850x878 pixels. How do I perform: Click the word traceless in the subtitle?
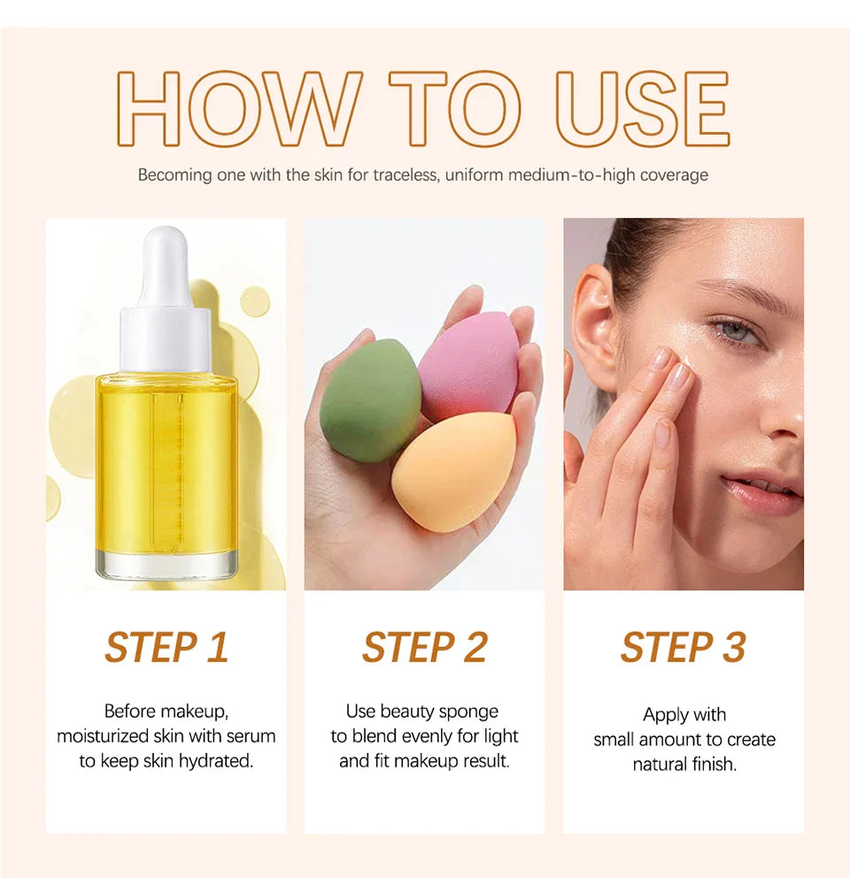pyautogui.click(x=406, y=175)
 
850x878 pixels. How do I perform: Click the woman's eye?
pyautogui.click(x=737, y=333)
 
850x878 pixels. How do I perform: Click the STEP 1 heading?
pyautogui.click(x=166, y=648)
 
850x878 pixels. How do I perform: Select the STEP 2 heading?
pyautogui.click(x=424, y=648)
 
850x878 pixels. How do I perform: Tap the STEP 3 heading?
pyautogui.click(x=683, y=648)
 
